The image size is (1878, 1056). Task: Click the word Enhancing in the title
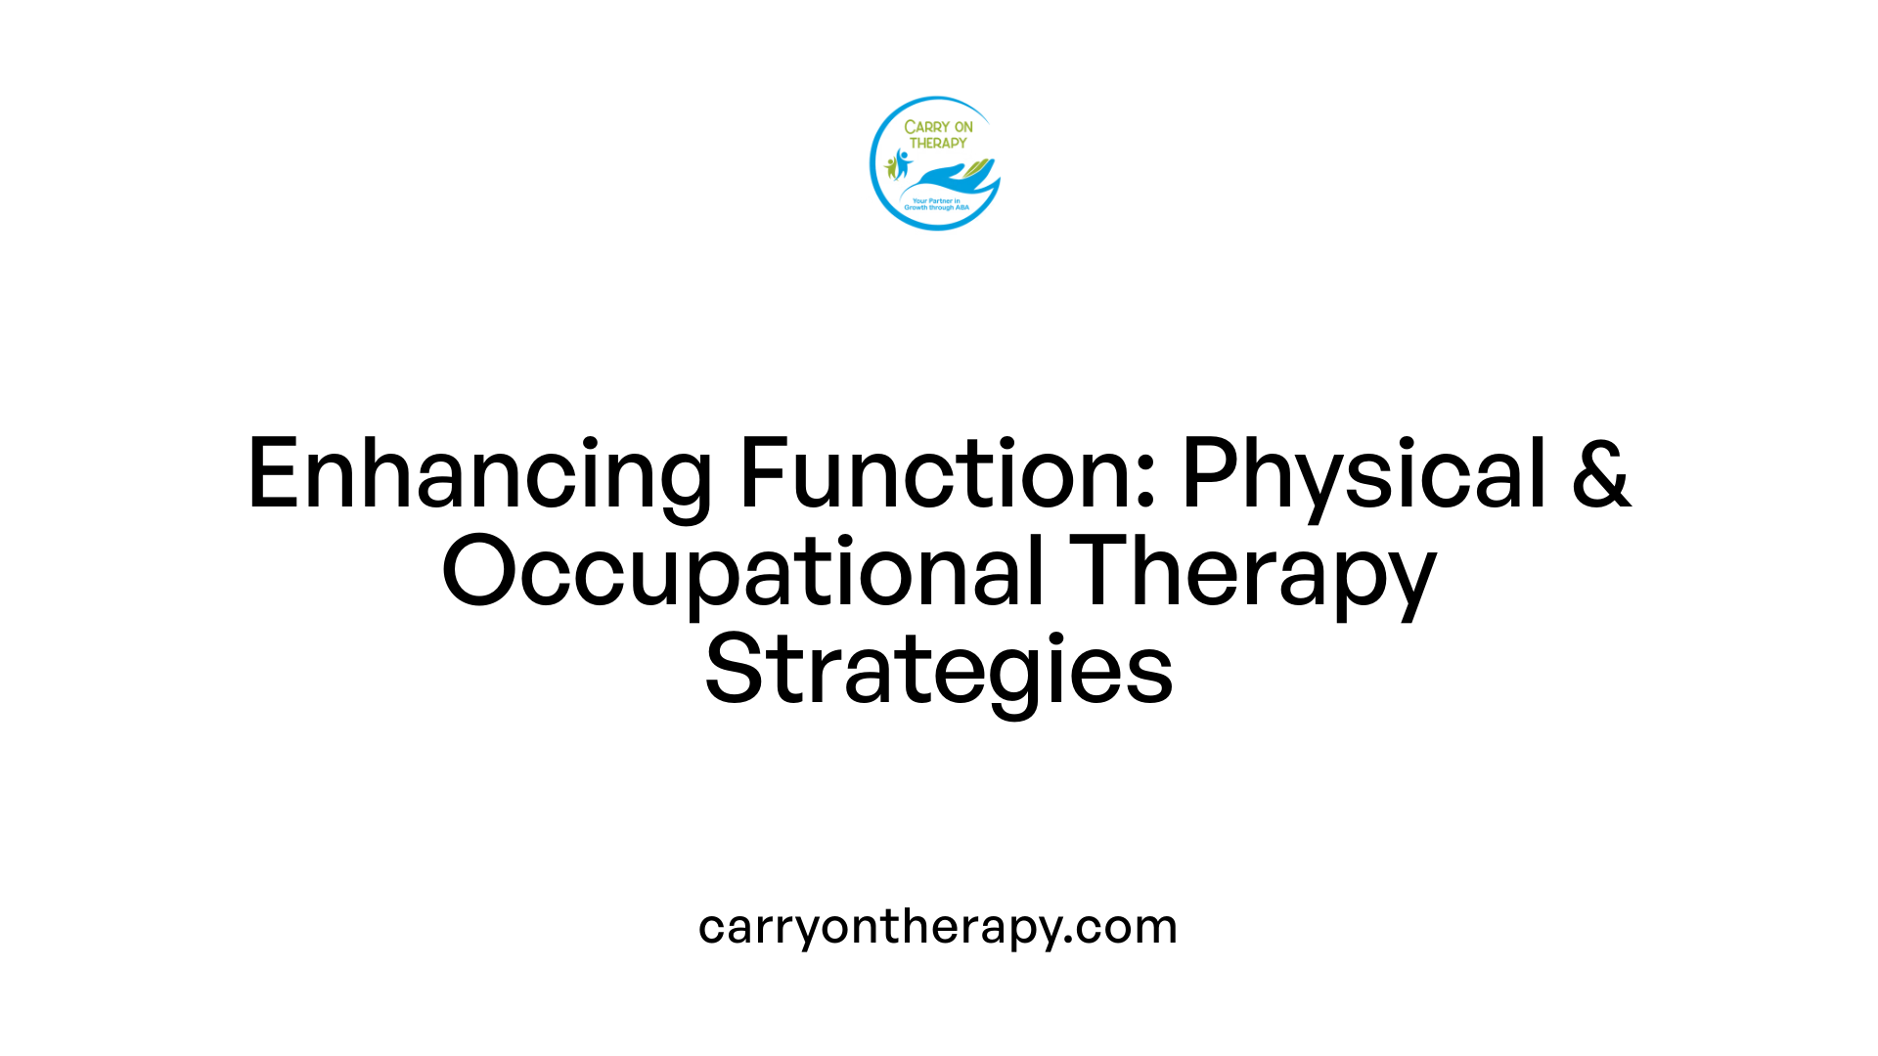point(479,475)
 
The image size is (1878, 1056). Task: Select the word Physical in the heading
point(1364,475)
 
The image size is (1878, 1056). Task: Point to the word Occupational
point(743,573)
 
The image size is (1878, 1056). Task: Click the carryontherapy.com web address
point(938,927)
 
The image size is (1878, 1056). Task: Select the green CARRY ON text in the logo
point(938,127)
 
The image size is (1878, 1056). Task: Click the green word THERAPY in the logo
point(938,143)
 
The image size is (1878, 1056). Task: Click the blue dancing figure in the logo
point(902,162)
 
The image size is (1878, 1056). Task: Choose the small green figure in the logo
point(891,167)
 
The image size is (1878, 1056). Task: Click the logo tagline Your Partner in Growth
point(936,204)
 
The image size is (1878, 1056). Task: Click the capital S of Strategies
point(733,670)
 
